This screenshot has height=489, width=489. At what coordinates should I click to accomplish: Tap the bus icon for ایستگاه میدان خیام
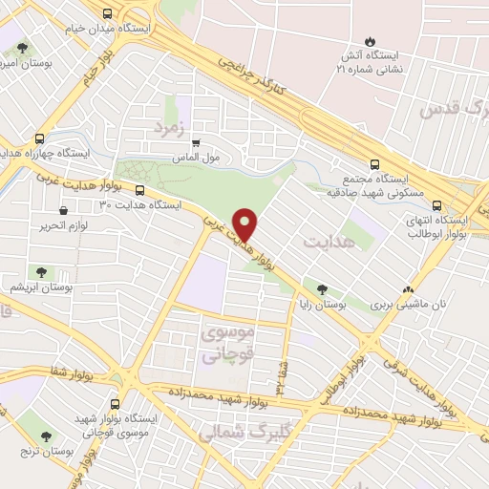[x=106, y=14]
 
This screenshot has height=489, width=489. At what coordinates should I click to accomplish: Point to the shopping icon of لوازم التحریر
[x=63, y=210]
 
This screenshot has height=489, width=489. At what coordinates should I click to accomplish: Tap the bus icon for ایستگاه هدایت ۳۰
[x=140, y=189]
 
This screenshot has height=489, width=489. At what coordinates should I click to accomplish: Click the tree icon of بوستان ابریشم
[x=39, y=272]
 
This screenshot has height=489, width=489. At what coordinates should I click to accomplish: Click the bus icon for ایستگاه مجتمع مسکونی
[x=375, y=162]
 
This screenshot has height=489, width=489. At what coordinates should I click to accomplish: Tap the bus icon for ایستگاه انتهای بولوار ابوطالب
[x=436, y=204]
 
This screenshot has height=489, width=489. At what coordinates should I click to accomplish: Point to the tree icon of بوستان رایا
[x=322, y=288]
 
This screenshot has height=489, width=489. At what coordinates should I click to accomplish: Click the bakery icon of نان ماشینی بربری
[x=409, y=288]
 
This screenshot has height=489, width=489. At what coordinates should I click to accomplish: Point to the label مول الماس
[x=201, y=156]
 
